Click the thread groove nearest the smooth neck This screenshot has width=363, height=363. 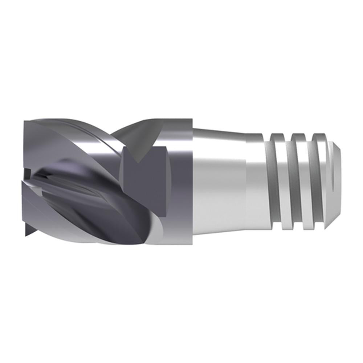(x=280, y=181)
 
